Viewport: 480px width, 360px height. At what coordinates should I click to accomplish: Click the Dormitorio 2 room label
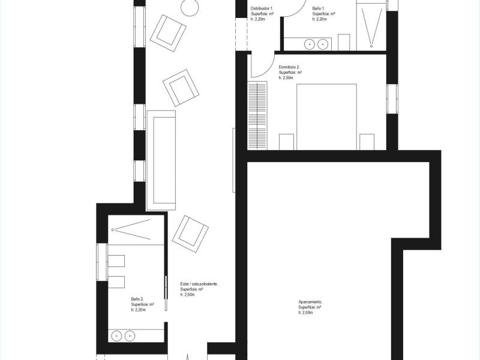tap(289, 67)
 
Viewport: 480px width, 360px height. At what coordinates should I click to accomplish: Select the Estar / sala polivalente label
tap(199, 284)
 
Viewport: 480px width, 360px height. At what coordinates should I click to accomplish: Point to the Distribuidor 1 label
tap(262, 8)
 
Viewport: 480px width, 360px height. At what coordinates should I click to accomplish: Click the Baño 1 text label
tap(319, 8)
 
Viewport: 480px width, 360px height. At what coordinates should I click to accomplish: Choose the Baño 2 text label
tap(137, 299)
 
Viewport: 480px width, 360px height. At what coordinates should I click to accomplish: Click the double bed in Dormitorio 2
tap(326, 117)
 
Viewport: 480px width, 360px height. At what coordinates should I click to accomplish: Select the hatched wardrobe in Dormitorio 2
tap(257, 115)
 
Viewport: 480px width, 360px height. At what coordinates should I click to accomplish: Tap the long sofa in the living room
tap(161, 160)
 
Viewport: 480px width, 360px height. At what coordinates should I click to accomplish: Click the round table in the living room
tap(190, 7)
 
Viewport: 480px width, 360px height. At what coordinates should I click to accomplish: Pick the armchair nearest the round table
tap(168, 33)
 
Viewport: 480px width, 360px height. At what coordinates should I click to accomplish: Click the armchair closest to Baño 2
tap(190, 234)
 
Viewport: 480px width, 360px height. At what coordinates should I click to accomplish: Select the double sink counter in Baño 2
tap(136, 335)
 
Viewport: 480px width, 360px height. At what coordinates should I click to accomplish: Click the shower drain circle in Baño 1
tap(371, 46)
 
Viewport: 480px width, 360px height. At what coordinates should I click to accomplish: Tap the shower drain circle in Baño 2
tap(113, 230)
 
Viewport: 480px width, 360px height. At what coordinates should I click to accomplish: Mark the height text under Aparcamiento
tap(305, 313)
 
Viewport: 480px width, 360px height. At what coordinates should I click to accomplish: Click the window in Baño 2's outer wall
tap(102, 262)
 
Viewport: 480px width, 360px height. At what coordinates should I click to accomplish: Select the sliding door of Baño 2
tap(166, 293)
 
